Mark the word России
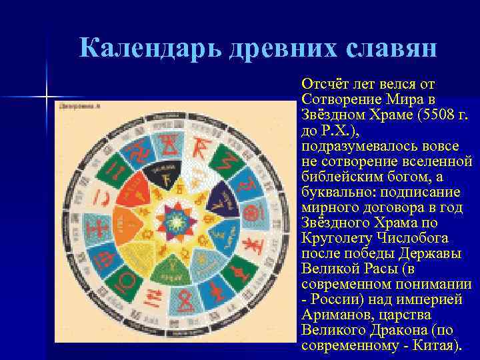coord(333,300)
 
